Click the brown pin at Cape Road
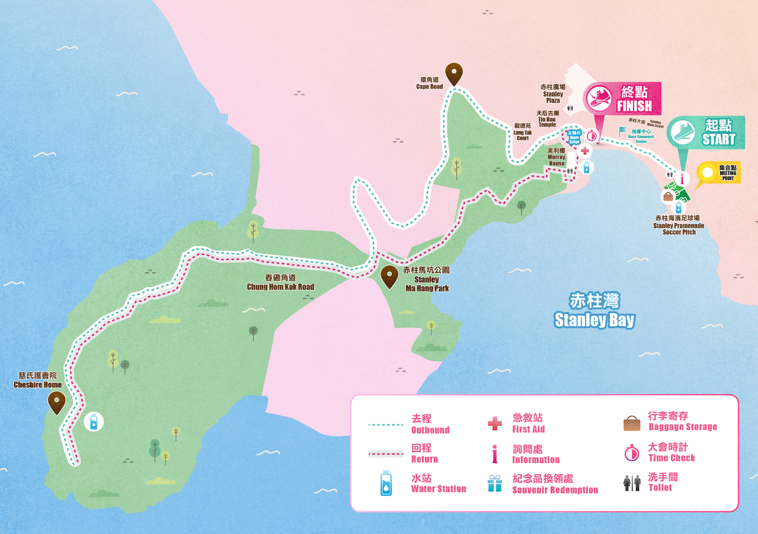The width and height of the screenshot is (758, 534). click(x=454, y=73)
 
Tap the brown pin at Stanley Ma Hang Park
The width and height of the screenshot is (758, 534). click(x=389, y=276)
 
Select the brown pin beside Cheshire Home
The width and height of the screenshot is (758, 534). click(x=56, y=402)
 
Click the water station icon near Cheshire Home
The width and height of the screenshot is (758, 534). click(x=94, y=421)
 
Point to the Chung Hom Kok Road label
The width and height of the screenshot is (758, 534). click(x=280, y=282)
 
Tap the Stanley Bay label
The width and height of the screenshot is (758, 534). click(x=594, y=311)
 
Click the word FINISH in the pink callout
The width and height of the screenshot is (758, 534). click(x=634, y=106)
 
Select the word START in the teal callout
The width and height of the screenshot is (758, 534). click(x=718, y=140)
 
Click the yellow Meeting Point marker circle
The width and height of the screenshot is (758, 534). click(x=707, y=173)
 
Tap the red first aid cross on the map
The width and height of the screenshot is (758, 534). click(x=585, y=151)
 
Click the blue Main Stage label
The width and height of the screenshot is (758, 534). click(x=574, y=137)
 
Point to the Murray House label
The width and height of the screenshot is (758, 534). click(x=556, y=157)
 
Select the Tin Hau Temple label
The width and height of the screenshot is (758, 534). click(x=547, y=119)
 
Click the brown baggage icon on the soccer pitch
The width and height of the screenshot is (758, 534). click(x=668, y=196)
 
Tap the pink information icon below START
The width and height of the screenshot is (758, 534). click(x=682, y=179)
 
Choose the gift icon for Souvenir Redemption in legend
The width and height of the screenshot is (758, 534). click(x=494, y=483)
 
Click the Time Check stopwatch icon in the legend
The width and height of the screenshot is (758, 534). click(x=631, y=453)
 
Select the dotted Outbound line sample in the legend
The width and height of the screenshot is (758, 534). click(x=385, y=425)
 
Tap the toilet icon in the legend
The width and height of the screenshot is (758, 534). click(x=631, y=483)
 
